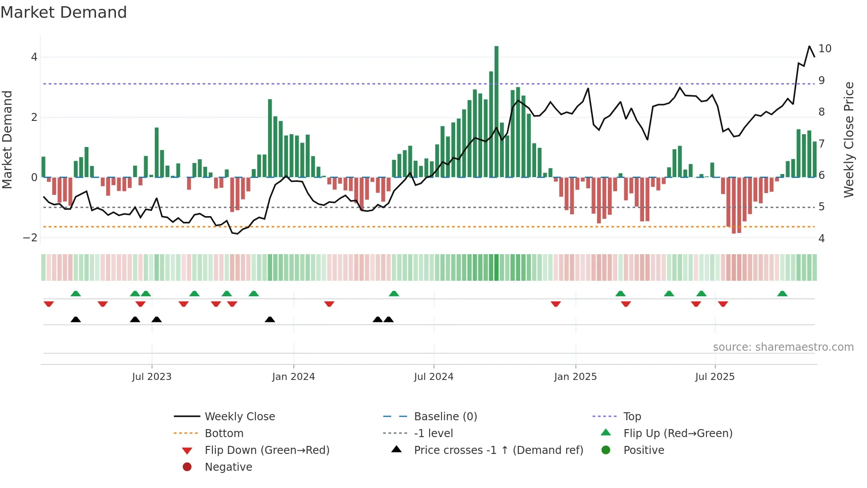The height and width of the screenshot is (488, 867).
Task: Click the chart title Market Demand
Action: point(64,12)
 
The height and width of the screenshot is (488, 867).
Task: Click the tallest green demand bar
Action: point(496,111)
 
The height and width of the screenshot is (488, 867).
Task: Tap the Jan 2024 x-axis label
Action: point(293,377)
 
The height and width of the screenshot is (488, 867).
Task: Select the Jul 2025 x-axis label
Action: point(714,377)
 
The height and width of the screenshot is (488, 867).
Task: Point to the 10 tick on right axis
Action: point(825,49)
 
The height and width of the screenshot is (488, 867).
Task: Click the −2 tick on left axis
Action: point(30,238)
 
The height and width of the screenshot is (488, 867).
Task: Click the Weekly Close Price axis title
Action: point(848,139)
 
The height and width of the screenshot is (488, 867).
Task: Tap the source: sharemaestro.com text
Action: point(783,347)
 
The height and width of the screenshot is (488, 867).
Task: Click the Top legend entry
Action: point(632,417)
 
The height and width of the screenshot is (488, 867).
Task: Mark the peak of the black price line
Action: point(809,46)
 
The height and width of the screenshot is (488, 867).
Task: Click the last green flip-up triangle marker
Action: point(782,294)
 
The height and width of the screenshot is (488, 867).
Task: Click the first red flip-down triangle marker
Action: point(49,304)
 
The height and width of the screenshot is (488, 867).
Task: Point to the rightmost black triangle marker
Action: point(388,319)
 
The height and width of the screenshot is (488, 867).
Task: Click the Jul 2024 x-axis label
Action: point(433,377)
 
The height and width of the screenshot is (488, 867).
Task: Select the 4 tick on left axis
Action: point(34,57)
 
